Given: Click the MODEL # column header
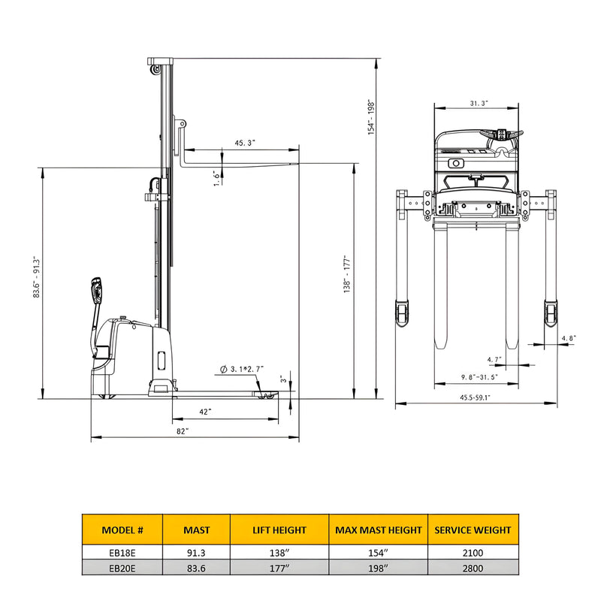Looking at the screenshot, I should [x=122, y=530].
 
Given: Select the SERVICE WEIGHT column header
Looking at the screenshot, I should [x=473, y=530].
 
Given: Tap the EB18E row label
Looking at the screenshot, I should [x=122, y=552].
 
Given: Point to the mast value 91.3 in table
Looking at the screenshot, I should [x=197, y=552].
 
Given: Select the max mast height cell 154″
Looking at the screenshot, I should [x=378, y=552].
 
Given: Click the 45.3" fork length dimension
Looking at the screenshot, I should [x=245, y=142].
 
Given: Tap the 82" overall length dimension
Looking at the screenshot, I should [x=183, y=431].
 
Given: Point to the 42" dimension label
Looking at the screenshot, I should [x=204, y=412].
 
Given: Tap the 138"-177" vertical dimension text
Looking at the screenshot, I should [x=347, y=273].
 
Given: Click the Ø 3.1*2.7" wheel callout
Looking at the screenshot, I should [x=243, y=370].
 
